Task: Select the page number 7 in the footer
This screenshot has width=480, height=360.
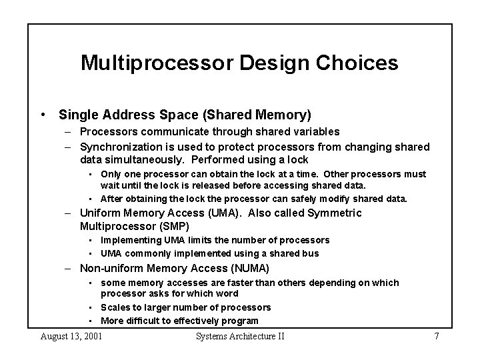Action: click(x=436, y=336)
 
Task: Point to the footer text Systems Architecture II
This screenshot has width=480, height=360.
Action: click(x=240, y=336)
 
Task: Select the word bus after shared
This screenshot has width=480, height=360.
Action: click(x=311, y=253)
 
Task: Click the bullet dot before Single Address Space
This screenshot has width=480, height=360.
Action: click(x=43, y=115)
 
